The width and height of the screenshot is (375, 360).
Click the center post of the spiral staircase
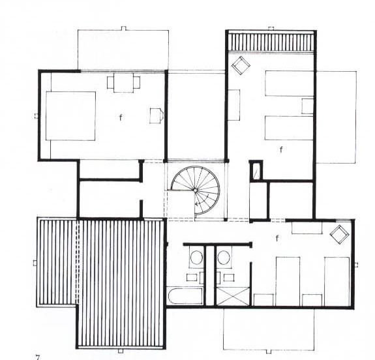pyautogui.click(x=195, y=190)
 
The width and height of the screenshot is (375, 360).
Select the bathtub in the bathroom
pyautogui.click(x=185, y=296)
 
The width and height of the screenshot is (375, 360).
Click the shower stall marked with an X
pyautogui.click(x=233, y=296)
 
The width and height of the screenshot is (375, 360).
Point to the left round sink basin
pyautogui.click(x=196, y=258)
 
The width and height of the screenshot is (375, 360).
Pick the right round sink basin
pyautogui.click(x=224, y=258)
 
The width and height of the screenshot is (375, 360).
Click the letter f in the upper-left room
pyautogui.click(x=121, y=117)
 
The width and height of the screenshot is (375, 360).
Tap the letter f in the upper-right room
pyautogui.click(x=281, y=149)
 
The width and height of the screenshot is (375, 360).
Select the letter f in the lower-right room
pyautogui.click(x=277, y=238)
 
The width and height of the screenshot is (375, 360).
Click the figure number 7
pyautogui.click(x=38, y=357)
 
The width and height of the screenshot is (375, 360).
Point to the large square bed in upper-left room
pyautogui.click(x=70, y=116)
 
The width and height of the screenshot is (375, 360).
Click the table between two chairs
pyautogui.click(x=123, y=83)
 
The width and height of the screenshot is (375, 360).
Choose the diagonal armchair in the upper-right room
pyautogui.click(x=241, y=65)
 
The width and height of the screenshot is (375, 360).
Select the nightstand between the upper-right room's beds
pyautogui.click(x=307, y=106)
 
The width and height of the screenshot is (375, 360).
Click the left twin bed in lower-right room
pyautogui.click(x=288, y=281)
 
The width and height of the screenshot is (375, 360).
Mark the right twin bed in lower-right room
pyautogui.click(x=337, y=281)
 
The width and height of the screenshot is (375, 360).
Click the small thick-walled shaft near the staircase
pyautogui.click(x=256, y=171)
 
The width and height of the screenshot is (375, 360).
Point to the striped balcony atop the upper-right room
pyautogui.click(x=271, y=42)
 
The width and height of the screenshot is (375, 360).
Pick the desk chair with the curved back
pyautogui.click(x=157, y=115)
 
